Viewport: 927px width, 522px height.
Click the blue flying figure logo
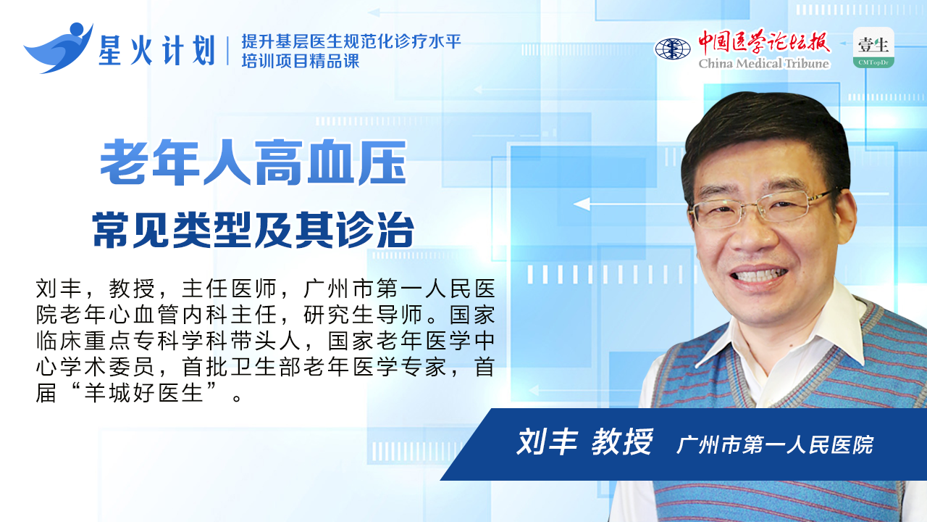click(59, 48)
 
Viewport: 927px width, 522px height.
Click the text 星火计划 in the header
click(157, 50)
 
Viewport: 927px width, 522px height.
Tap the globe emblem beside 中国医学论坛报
click(673, 49)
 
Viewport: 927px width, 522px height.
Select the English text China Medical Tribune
click(763, 63)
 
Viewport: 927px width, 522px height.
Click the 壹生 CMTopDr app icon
click(873, 48)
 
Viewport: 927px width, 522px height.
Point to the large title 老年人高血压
click(253, 162)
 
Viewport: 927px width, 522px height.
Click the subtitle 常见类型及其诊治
click(253, 230)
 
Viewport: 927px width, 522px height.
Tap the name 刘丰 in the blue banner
click(547, 442)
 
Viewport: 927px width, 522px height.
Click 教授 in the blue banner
click(622, 442)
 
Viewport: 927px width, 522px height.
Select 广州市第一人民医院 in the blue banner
click(775, 444)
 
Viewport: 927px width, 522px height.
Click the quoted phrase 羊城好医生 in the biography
click(143, 392)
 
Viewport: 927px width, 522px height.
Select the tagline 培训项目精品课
click(301, 62)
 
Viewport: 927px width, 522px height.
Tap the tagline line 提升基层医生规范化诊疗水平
click(351, 41)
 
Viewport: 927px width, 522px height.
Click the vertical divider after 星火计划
click(228, 51)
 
